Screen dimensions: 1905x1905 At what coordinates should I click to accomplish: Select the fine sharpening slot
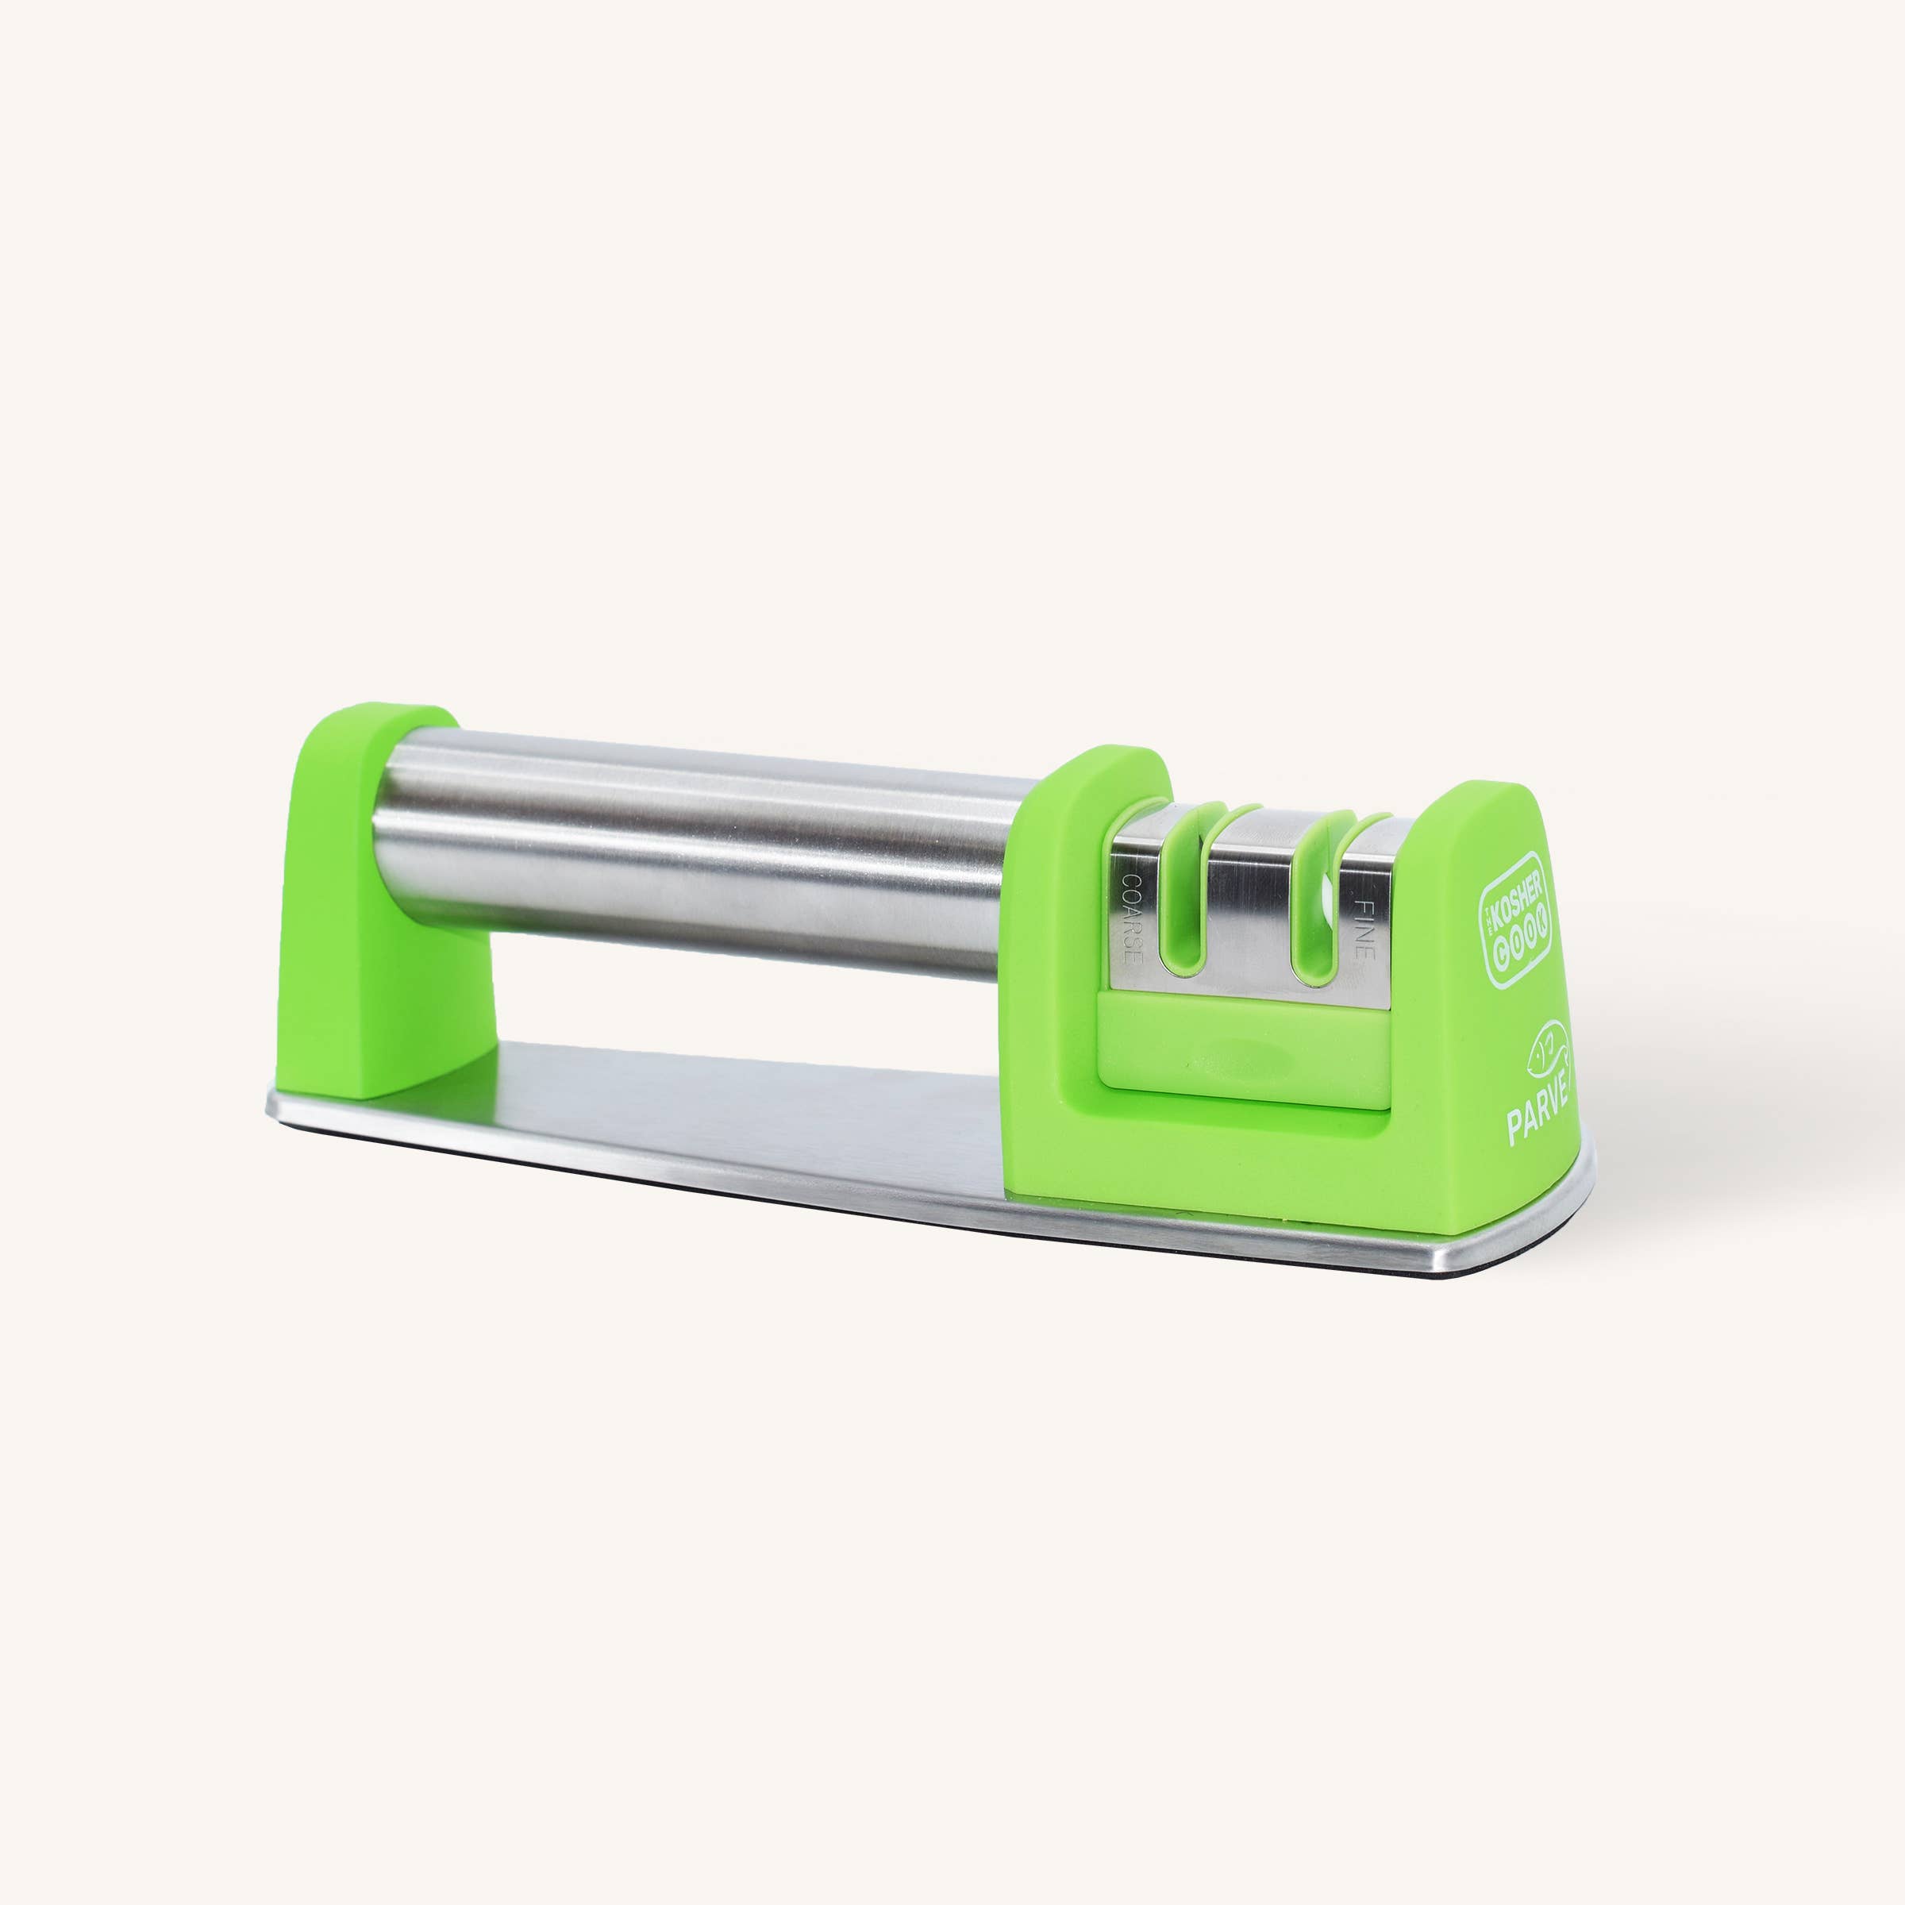click(x=1318, y=912)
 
